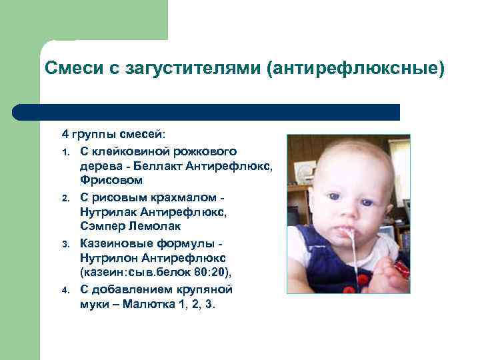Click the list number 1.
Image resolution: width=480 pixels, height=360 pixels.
click(65, 153)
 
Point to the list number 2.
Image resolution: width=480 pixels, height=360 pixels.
click(65, 199)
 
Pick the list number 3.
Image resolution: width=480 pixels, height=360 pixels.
click(65, 244)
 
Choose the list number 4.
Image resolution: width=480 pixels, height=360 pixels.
click(65, 290)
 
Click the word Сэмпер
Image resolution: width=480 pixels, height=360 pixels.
click(99, 227)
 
